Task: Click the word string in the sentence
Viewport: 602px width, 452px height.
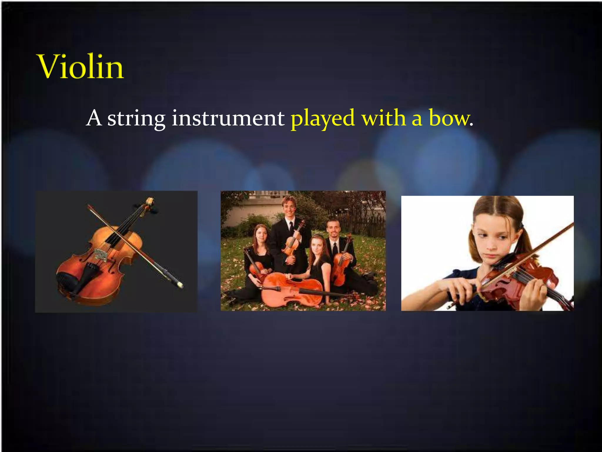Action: pos(136,119)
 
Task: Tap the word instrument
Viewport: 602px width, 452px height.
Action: pos(228,118)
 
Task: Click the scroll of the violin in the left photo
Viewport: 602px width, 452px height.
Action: pos(150,202)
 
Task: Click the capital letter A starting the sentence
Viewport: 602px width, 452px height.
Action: pos(94,118)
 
